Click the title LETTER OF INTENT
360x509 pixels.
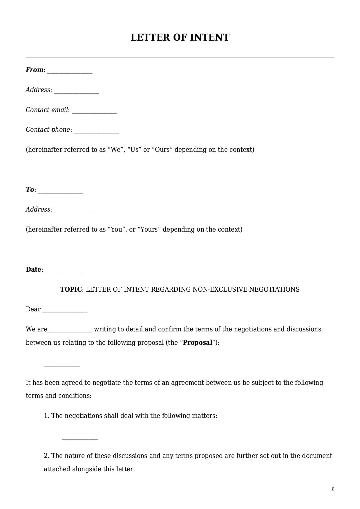click(180, 37)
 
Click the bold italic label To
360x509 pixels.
click(30, 190)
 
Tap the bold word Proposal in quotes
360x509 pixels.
click(198, 343)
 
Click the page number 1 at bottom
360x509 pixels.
click(332, 489)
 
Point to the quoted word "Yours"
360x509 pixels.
click(149, 230)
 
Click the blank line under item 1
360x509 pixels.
click(80, 438)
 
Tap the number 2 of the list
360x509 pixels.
click(46, 456)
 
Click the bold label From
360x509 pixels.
click(34, 70)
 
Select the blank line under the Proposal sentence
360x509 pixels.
click(61, 365)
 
